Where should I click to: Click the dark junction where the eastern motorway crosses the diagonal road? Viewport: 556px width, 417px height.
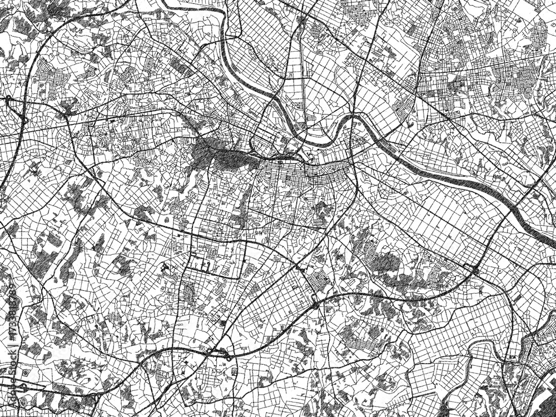click(x=476, y=271)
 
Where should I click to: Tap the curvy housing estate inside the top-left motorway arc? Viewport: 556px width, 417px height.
click(x=53, y=78)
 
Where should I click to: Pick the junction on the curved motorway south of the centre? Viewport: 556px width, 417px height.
click(x=315, y=303)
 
